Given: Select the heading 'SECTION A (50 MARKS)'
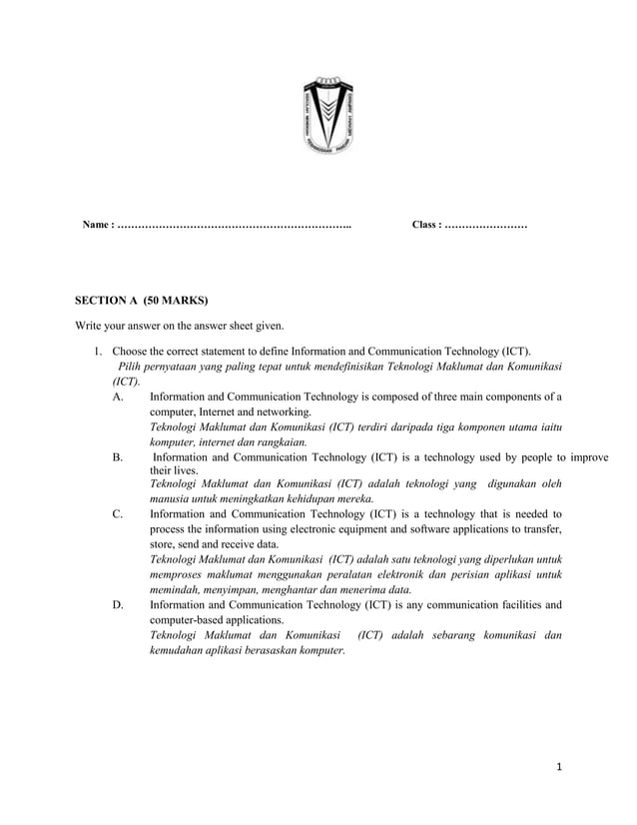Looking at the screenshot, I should [142, 299].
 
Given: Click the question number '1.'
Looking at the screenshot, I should [99, 352].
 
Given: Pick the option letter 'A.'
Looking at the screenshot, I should [119, 397].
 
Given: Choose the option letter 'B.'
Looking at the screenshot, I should [118, 456].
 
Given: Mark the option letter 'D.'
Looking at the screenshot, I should [118, 604].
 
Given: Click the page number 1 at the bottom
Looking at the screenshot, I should [561, 767].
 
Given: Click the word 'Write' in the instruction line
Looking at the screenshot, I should [91, 325].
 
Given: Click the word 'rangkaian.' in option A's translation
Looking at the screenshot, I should [283, 441].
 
